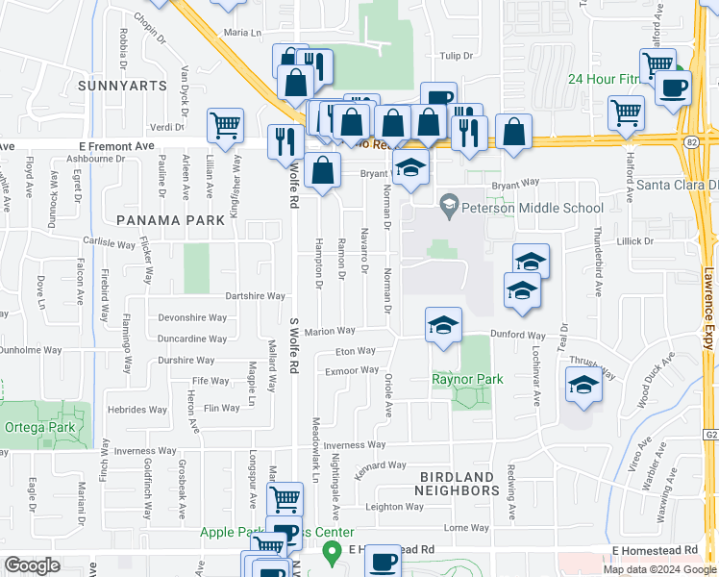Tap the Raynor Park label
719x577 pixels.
tap(467, 380)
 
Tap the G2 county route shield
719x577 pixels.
tap(709, 435)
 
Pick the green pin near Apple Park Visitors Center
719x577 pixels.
tap(334, 552)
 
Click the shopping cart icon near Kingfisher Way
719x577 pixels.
tap(225, 124)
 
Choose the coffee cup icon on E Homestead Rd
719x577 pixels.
tap(383, 561)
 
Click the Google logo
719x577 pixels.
tap(33, 565)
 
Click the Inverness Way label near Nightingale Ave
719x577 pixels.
tap(354, 445)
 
